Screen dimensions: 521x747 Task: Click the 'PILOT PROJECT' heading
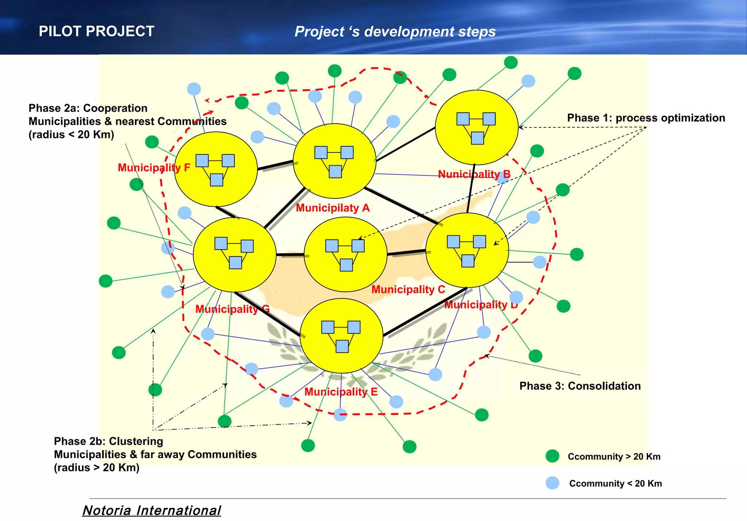click(x=96, y=31)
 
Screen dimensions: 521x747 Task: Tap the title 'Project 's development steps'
click(x=395, y=32)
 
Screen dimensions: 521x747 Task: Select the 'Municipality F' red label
click(x=154, y=168)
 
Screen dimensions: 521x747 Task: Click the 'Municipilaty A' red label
click(x=333, y=208)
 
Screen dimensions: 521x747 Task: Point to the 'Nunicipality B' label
click(x=474, y=174)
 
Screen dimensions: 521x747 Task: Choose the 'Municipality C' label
click(x=408, y=290)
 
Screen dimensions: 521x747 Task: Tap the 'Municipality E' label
click(x=341, y=392)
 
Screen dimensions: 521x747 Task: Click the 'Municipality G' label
click(x=232, y=309)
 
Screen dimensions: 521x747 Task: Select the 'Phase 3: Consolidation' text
click(x=580, y=386)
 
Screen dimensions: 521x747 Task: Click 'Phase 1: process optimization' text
click(x=646, y=118)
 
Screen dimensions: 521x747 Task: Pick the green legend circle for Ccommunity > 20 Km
click(x=552, y=456)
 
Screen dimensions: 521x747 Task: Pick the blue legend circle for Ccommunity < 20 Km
click(x=553, y=483)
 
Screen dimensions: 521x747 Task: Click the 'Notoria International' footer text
click(x=152, y=510)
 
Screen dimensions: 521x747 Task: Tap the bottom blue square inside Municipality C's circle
click(x=346, y=265)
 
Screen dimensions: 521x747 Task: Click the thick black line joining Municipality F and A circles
click(x=275, y=165)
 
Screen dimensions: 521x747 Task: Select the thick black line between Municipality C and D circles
click(x=406, y=252)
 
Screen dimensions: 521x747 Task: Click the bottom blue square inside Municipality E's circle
click(x=342, y=346)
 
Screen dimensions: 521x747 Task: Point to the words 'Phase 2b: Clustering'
click(x=108, y=441)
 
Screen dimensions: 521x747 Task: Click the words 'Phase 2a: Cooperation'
click(x=88, y=108)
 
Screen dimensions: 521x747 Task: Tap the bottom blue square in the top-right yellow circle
click(x=477, y=138)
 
